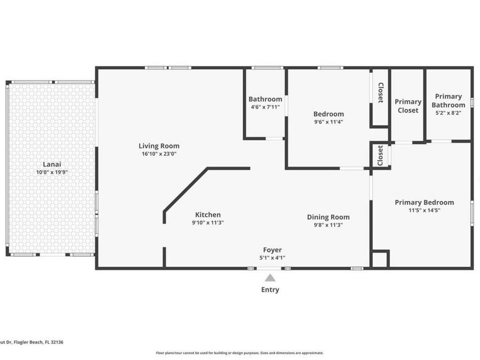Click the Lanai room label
51,164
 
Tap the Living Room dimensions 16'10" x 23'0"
159,154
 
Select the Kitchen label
207,214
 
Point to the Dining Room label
328,217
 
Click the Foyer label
272,250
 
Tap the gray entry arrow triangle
270,278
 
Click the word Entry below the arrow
270,290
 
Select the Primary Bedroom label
424,202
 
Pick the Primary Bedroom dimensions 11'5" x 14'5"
424,210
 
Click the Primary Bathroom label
448,100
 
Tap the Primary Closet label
407,106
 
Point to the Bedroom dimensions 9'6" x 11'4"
328,122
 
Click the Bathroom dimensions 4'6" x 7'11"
265,107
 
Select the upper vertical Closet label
380,93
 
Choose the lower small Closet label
380,156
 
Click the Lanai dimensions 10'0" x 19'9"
51,172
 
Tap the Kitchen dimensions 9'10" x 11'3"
207,222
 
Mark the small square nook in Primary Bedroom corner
380,259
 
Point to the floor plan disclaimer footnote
239,353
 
